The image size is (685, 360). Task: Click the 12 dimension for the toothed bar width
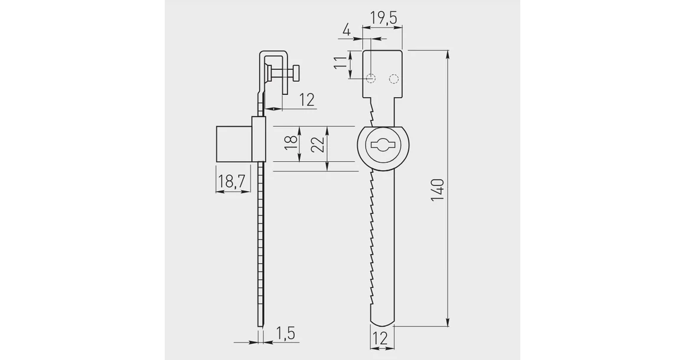381,339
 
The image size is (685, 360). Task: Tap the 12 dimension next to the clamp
306,100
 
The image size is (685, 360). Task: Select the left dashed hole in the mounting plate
371,78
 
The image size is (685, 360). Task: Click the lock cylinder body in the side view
233,143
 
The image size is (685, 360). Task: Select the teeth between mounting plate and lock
371,112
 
